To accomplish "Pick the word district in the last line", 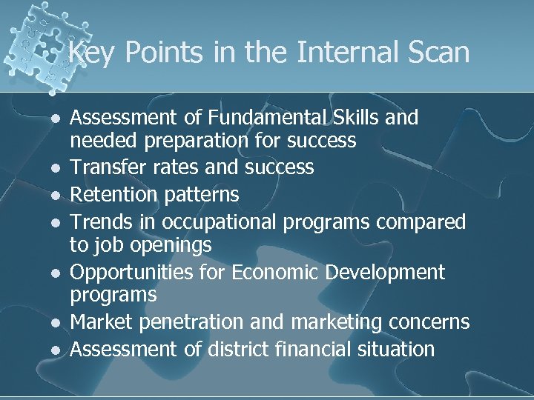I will (257, 349).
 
